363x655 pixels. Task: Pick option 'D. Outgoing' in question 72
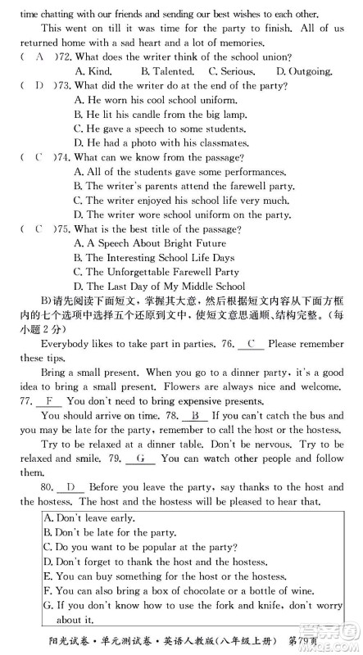pyautogui.click(x=304, y=71)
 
